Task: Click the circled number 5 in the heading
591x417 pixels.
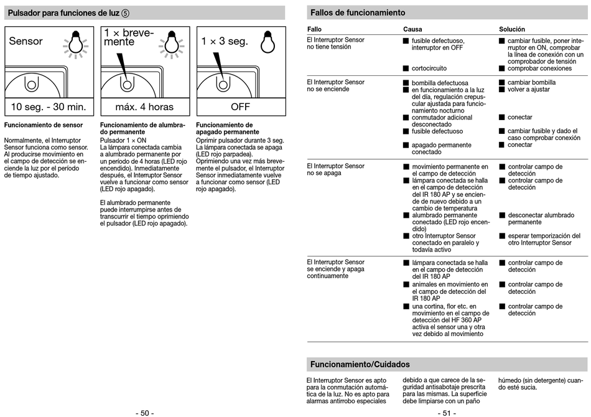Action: pos(126,13)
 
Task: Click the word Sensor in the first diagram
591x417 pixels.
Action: pos(26,42)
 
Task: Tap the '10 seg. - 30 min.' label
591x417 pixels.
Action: pos(49,107)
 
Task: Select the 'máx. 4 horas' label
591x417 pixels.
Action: pos(144,107)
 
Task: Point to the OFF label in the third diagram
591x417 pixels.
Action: pos(240,107)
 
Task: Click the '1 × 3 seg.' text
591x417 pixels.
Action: pos(225,42)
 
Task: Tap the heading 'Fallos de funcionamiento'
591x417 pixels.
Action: pos(358,13)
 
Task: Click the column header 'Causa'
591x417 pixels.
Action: pos(412,29)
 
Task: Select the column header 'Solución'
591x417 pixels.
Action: pos(512,29)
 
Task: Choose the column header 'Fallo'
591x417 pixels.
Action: pos(314,29)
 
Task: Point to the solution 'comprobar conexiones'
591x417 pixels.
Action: pos(539,68)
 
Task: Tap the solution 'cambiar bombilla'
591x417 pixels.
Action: pos(531,82)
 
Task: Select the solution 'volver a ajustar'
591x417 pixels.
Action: pos(529,90)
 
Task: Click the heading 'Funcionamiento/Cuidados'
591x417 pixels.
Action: pos(360,364)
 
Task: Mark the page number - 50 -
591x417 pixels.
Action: pos(144,413)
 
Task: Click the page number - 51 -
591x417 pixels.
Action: pos(447,413)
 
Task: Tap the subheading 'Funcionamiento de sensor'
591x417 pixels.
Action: pos(44,125)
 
